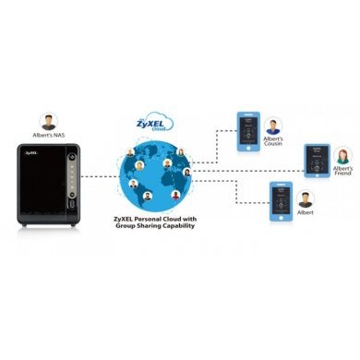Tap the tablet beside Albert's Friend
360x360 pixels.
tap(317, 160)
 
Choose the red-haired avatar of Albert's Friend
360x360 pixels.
tap(342, 153)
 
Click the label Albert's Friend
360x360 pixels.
tap(342, 172)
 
